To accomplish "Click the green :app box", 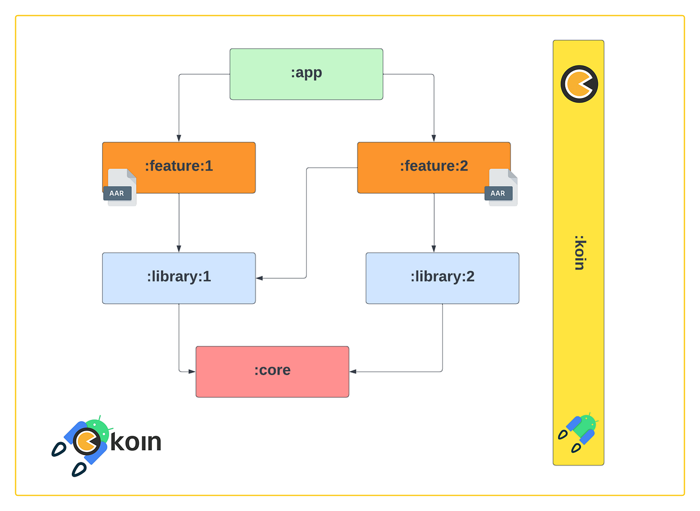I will pos(306,73).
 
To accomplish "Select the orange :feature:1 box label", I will pos(178,166).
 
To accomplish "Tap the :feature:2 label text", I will pos(433,166).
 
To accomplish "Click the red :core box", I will pos(272,371).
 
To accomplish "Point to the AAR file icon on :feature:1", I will pos(120,188).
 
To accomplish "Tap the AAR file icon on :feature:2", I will pos(501,188).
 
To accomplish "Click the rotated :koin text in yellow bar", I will pos(579,253).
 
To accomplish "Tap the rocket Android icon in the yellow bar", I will pos(578,432).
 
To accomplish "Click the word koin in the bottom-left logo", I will pos(135,442).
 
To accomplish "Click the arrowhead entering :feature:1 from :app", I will pos(178,138).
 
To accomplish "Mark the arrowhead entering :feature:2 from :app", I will pos(433,138).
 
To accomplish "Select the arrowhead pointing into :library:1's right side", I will pos(260,278).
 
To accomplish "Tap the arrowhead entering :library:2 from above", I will pos(433,249).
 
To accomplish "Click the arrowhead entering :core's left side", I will pos(192,371).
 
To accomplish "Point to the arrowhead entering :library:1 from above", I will pos(178,249).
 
